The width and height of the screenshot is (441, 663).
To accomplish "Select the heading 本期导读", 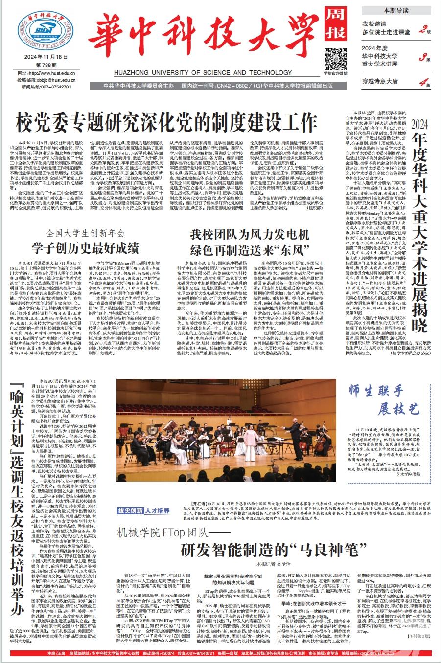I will pos(396,10).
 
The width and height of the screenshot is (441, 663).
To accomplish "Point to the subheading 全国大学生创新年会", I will pos(86,233).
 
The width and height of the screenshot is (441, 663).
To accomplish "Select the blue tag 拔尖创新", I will pos(130,511).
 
